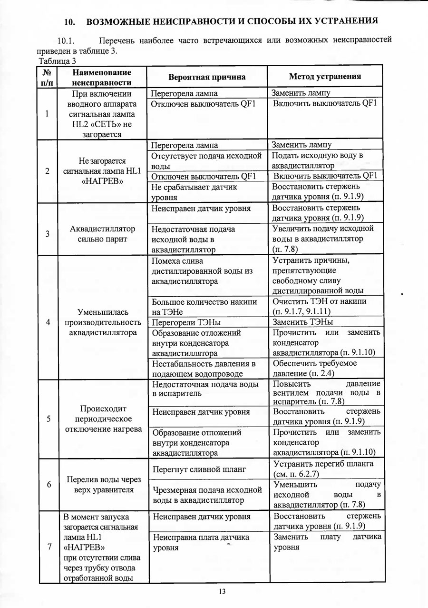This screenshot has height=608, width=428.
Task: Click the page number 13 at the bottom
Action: [x=222, y=592]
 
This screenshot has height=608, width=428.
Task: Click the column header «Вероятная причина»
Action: [x=207, y=77]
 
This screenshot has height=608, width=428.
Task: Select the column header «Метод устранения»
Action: [x=325, y=76]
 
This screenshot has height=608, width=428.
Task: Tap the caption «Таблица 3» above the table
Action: [x=57, y=61]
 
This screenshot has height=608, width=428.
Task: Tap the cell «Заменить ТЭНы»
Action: [x=302, y=322]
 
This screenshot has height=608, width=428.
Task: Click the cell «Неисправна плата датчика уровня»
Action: [x=201, y=542]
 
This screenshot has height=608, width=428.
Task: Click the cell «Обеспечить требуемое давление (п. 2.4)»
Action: [x=314, y=369]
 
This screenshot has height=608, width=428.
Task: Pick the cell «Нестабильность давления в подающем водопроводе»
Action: [x=204, y=369]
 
